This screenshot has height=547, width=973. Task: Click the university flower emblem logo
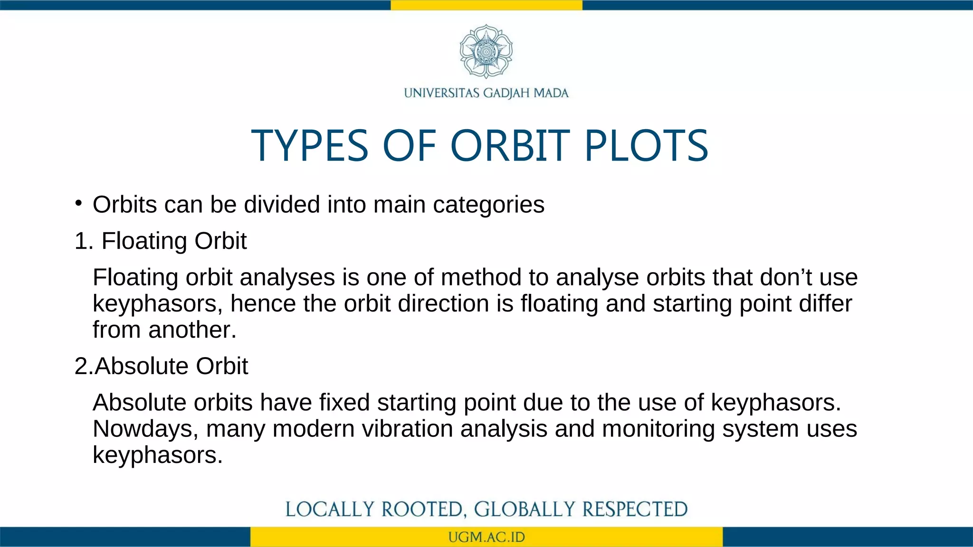pyautogui.click(x=486, y=51)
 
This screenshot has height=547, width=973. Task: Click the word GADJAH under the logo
pyautogui.click(x=506, y=93)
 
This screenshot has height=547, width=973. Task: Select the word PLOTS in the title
pyautogui.click(x=646, y=146)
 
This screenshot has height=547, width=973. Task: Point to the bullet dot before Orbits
pyautogui.click(x=78, y=204)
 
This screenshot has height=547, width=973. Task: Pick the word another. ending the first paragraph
pyautogui.click(x=192, y=330)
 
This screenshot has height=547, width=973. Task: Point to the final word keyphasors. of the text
pyautogui.click(x=157, y=455)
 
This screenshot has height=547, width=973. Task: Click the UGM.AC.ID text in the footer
pyautogui.click(x=486, y=538)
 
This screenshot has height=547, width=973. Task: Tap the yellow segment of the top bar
pyautogui.click(x=486, y=5)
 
